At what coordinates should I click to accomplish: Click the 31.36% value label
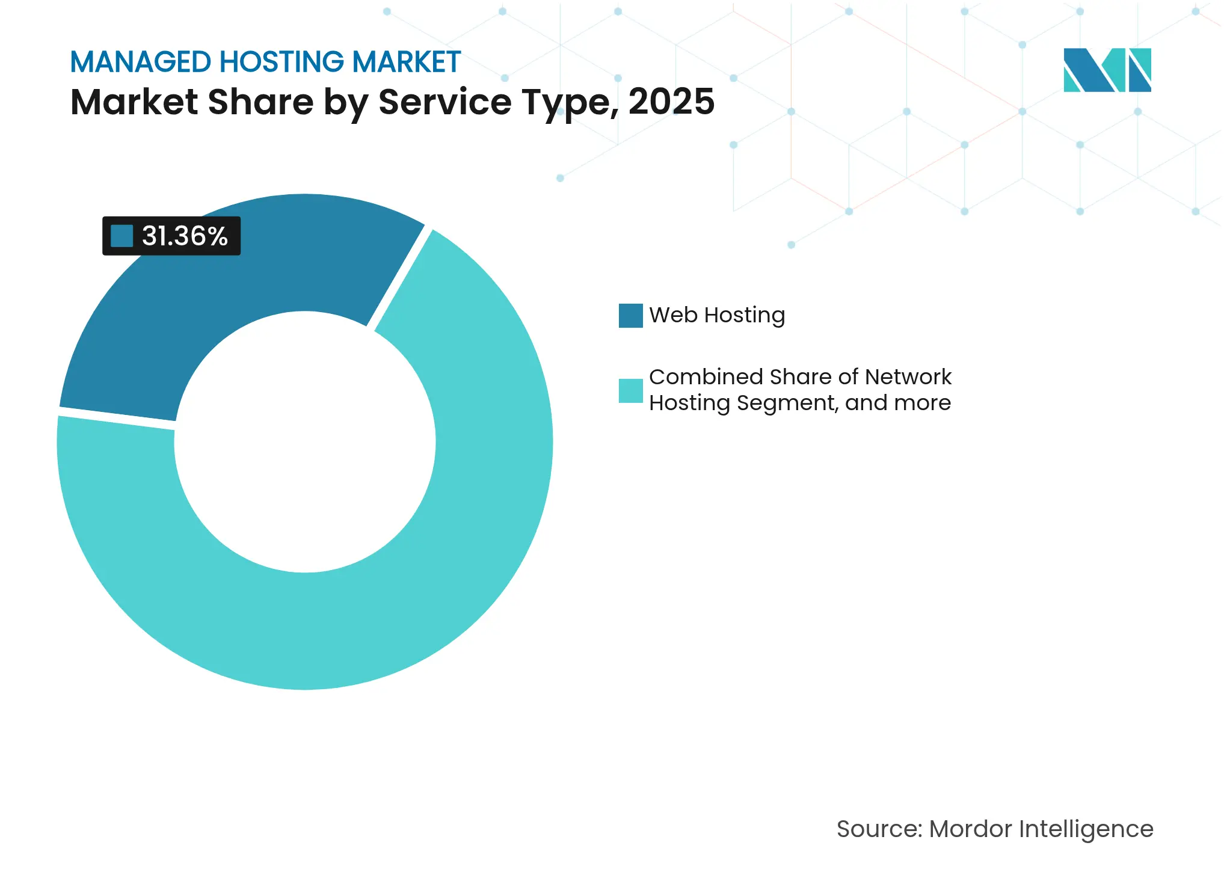185,236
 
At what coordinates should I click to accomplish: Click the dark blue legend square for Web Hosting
630,316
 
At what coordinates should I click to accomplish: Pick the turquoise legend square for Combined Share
630,390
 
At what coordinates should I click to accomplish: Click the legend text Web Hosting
717,315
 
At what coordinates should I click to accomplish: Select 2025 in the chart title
671,102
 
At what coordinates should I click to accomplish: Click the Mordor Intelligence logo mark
1107,70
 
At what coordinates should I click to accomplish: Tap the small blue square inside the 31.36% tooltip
122,236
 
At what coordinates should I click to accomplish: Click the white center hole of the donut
305,442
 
